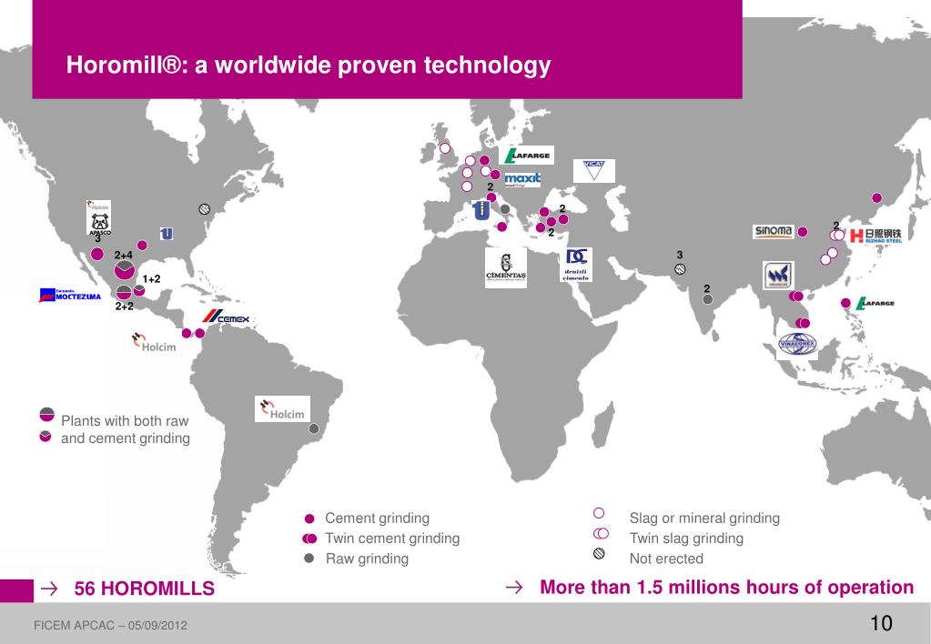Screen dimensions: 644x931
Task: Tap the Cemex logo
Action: pos(225,318)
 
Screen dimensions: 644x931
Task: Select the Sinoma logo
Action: pos(774,231)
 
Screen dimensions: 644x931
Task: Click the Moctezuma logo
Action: pos(70,295)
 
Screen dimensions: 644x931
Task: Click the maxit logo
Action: pos(522,179)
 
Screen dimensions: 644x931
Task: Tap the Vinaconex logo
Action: pos(798,343)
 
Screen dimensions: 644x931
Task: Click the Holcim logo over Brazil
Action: pos(283,409)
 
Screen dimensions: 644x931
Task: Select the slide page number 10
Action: pos(881,623)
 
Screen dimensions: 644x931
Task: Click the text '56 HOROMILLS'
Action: pos(144,589)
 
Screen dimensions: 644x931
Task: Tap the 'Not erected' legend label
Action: pos(666,558)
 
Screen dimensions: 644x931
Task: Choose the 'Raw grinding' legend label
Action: pos(367,558)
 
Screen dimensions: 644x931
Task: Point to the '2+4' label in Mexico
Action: pos(124,255)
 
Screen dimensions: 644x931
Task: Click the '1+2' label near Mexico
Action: pos(151,278)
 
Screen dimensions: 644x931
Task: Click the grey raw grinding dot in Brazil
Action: pos(315,428)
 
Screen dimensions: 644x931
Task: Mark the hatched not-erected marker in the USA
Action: pos(205,208)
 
